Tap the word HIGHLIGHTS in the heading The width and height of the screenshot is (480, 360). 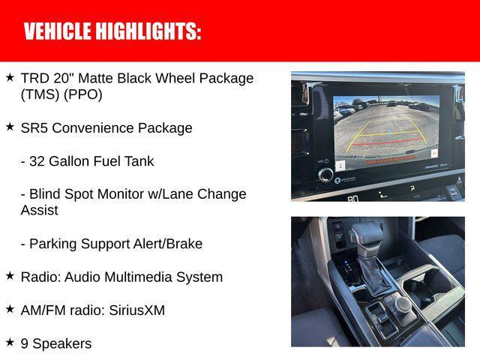(146, 31)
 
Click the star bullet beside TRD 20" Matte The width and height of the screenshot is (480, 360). (10, 77)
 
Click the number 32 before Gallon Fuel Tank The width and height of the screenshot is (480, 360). (37, 160)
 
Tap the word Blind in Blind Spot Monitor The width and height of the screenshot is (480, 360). (44, 193)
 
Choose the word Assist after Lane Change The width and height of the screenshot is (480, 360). (38, 210)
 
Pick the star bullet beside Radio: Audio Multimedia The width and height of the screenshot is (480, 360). (10, 276)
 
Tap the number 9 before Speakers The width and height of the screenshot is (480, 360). (25, 343)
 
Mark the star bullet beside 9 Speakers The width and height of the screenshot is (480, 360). (10, 342)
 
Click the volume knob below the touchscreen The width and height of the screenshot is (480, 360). (325, 174)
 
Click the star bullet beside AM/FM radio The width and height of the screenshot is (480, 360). (10, 309)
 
